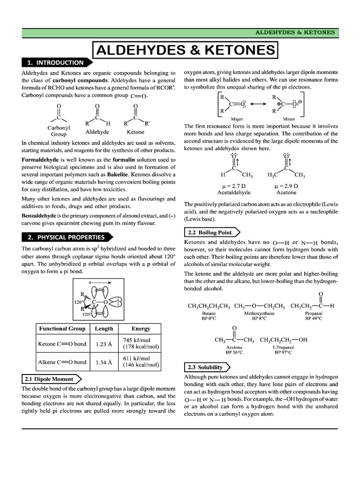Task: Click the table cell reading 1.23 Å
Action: pyautogui.click(x=104, y=344)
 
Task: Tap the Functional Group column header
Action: pyautogui.click(x=62, y=329)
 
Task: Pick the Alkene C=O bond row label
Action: pyautogui.click(x=62, y=362)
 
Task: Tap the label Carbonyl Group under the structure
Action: pyautogui.click(x=59, y=130)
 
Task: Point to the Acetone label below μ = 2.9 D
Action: pyautogui.click(x=286, y=193)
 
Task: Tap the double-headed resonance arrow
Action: pyautogui.click(x=258, y=104)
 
